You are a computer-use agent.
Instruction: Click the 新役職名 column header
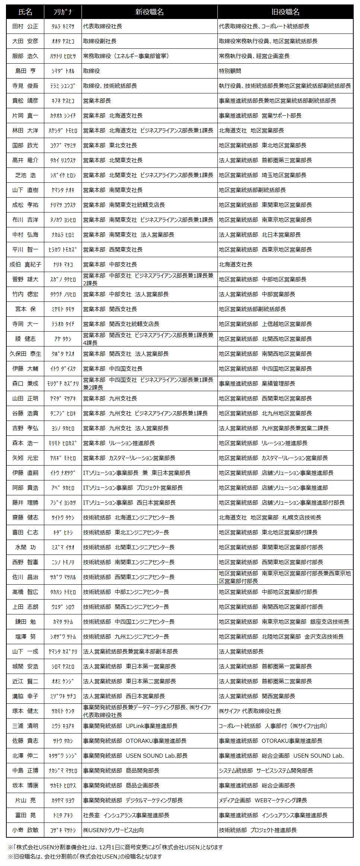149,12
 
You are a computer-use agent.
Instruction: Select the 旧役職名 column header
285,12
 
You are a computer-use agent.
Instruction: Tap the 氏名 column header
25,12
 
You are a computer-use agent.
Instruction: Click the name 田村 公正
25,26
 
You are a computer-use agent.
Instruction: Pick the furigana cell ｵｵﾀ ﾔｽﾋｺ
63,41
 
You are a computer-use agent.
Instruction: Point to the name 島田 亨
25,71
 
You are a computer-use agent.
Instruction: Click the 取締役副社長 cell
100,41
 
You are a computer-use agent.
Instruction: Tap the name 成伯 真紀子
25,265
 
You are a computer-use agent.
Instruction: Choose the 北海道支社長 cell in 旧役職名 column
236,265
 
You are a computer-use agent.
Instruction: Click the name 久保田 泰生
25,354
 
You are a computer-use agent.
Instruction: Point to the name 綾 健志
25,339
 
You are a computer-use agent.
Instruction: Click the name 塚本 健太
25,711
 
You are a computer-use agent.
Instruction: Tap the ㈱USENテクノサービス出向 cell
114,830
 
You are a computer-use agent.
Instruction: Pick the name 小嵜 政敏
25,830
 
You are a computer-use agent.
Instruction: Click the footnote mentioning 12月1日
115,847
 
